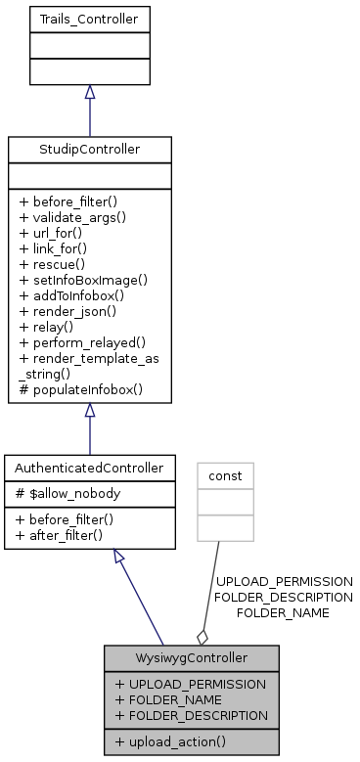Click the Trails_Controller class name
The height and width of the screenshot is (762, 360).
[89, 19]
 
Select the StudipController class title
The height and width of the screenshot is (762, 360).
[89, 149]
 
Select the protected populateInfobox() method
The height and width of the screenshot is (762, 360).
[80, 388]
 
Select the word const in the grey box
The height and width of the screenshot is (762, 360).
[225, 476]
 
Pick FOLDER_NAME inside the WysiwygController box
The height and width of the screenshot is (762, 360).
[167, 699]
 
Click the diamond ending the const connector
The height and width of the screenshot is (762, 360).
[202, 636]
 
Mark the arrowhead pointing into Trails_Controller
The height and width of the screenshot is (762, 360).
[89, 92]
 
